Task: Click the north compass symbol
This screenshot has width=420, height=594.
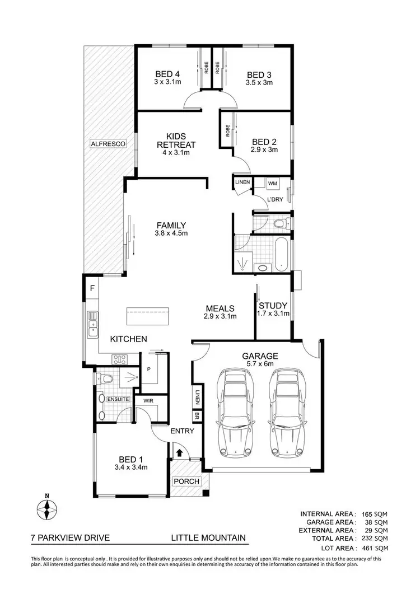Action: point(48,508)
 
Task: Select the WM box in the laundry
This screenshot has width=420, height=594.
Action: point(272,183)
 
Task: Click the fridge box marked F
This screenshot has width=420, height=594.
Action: point(91,289)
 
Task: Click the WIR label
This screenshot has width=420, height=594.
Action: point(149,401)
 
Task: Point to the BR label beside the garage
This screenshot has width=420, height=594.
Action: point(197,417)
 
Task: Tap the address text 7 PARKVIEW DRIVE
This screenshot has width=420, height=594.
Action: point(70,539)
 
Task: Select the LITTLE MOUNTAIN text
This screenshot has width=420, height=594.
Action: point(208,539)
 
